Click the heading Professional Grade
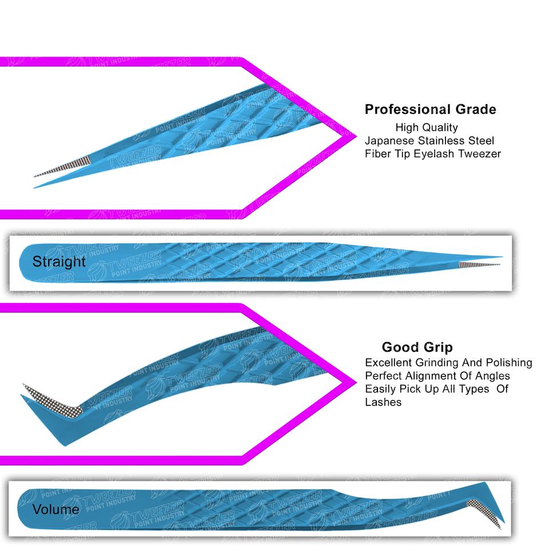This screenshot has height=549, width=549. coord(430,109)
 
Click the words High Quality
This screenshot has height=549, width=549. coord(426,128)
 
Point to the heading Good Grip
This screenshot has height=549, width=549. coord(417,347)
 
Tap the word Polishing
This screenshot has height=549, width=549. coord(508,363)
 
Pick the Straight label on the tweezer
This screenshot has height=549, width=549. coord(59,262)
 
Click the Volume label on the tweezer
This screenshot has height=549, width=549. coord(55,509)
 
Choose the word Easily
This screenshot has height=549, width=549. coord(381,389)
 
